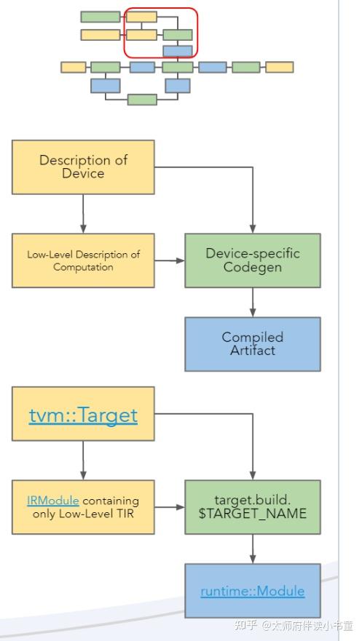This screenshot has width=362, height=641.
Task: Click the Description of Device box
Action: [83, 167]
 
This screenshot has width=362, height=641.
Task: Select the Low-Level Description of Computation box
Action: [83, 260]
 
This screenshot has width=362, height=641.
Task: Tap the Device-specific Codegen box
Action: [252, 260]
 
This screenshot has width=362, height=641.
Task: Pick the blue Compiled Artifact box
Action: [252, 344]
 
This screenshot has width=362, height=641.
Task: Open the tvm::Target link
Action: [83, 415]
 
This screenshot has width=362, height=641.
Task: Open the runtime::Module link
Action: [252, 591]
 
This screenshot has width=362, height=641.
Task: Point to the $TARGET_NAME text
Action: [252, 514]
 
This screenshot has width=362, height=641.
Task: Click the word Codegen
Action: [252, 268]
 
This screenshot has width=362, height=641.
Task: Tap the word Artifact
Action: [252, 351]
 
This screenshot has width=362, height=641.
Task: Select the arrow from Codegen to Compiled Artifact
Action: [252, 303]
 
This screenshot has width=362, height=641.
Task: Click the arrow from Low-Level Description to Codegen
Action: [169, 260]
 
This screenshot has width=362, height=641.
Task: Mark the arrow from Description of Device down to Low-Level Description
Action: [83, 214]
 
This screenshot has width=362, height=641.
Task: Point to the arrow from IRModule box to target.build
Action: [169, 507]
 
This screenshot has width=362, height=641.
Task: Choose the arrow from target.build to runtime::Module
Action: [252, 549]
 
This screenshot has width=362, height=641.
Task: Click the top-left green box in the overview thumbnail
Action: [100, 17]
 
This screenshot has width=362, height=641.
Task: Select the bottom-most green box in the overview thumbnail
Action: [142, 100]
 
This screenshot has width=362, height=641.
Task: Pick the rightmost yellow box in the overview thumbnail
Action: [279, 67]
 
